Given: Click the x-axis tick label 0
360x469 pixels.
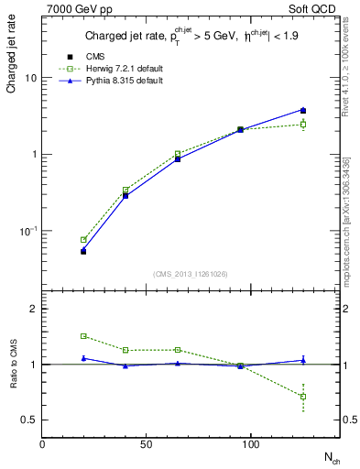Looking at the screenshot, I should point(43,444).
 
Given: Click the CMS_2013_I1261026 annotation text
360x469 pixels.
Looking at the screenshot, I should point(190,274).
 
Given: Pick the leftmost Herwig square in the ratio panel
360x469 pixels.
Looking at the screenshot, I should point(83,336).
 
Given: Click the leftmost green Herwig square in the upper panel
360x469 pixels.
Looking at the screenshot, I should point(83,240).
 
